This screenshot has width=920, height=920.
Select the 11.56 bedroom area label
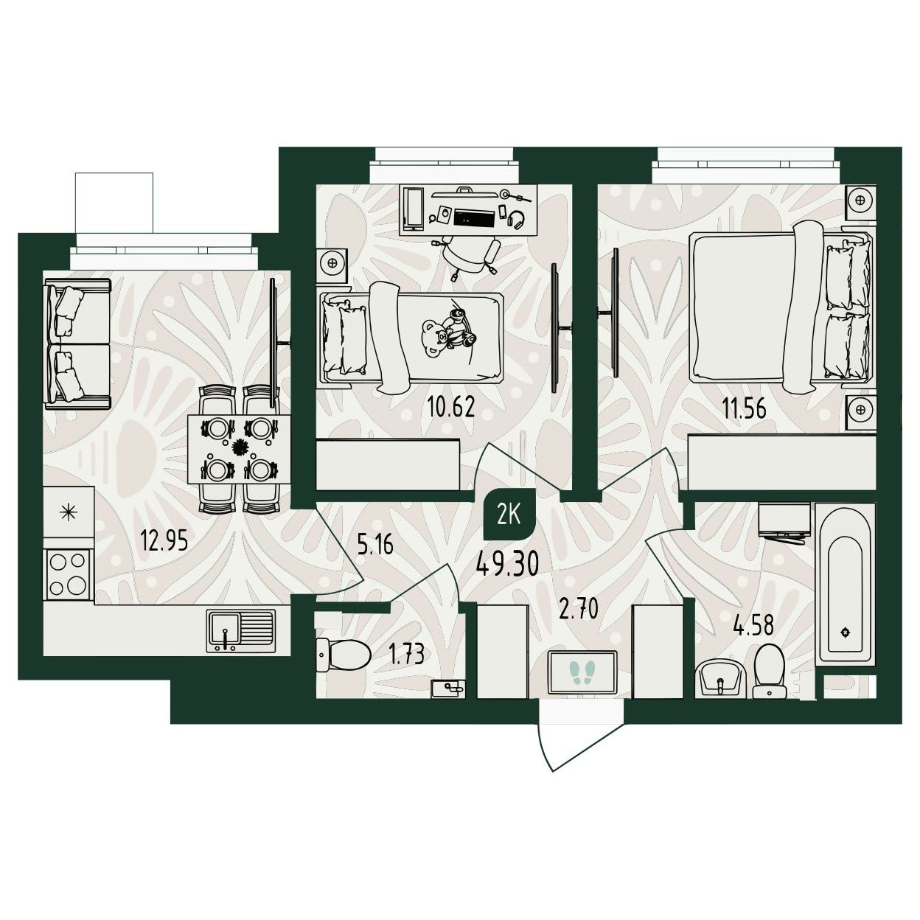pos(744,409)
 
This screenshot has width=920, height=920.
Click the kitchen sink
pos(241,631)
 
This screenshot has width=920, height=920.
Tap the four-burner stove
pos(67,574)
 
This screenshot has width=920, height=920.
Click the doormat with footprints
pos(582,672)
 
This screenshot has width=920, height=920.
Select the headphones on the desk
pos(516,220)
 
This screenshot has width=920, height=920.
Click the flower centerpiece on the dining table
pos(239,447)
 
